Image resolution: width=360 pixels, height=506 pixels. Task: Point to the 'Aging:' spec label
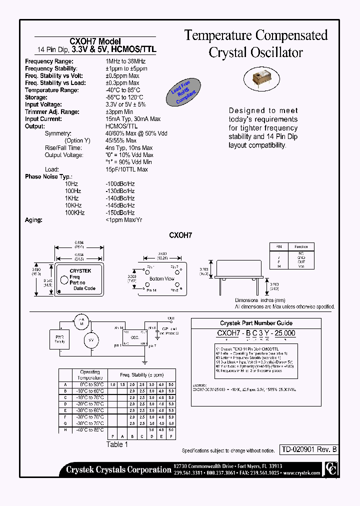(x=33, y=220)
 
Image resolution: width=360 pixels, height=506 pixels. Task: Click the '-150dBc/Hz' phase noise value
(x=120, y=212)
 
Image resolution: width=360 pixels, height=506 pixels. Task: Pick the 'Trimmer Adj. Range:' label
(x=52, y=112)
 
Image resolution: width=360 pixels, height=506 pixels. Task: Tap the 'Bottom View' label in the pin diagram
(x=161, y=278)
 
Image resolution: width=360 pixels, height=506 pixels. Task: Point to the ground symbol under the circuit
(x=144, y=361)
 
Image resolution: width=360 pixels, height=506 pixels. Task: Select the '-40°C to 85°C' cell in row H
(x=90, y=429)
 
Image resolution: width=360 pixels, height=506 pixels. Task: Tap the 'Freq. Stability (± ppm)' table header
(x=141, y=374)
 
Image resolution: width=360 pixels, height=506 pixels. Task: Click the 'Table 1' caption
(x=117, y=444)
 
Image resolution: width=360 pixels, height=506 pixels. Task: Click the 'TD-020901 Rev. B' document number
(x=307, y=449)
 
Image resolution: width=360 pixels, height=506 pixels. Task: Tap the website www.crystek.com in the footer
(x=301, y=472)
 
